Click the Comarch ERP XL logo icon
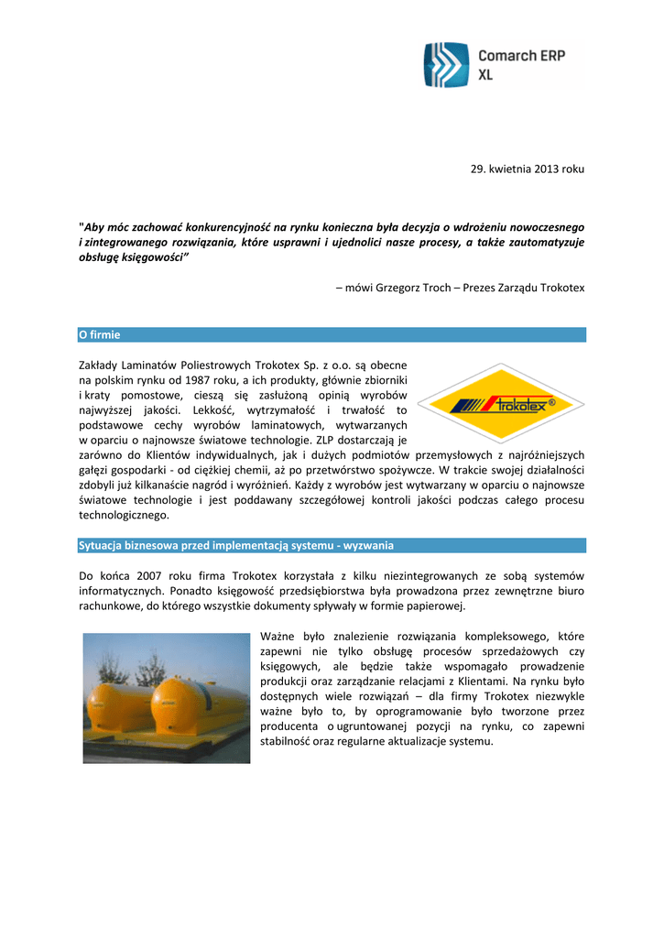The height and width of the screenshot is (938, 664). [x=446, y=65]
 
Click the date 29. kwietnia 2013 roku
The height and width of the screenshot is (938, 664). [x=521, y=169]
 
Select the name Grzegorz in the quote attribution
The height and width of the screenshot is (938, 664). [x=402, y=288]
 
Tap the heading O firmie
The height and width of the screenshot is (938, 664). [x=99, y=335]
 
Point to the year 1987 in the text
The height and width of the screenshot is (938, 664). [x=201, y=379]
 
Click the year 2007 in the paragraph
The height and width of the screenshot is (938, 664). [x=151, y=575]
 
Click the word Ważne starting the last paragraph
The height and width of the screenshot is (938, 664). [x=279, y=637]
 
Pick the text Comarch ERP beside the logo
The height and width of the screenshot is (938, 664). [x=521, y=56]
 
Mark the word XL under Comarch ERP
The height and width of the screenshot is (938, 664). [x=485, y=75]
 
